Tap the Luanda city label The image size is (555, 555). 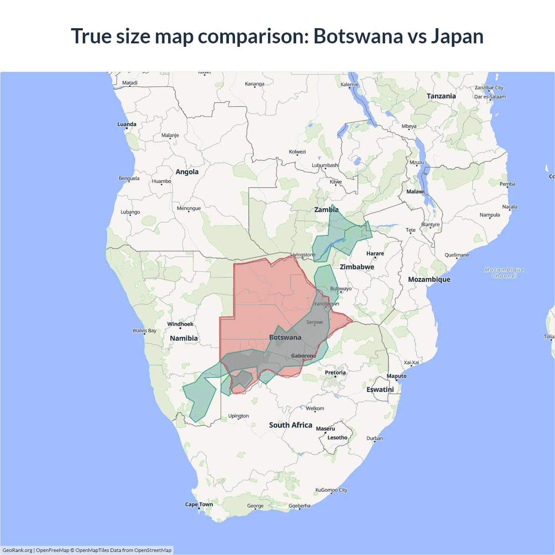tap(127, 124)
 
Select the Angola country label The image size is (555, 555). tap(187, 172)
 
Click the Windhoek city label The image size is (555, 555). tap(180, 324)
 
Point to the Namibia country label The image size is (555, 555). tap(184, 338)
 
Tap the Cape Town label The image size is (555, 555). tap(199, 504)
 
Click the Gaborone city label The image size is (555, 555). tap(304, 356)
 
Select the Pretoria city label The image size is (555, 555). tap(335, 372)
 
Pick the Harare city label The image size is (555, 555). tap(375, 254)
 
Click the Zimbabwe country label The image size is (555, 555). tap(357, 267)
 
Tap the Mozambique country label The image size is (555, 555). tap(429, 280)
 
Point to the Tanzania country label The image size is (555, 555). tap(441, 96)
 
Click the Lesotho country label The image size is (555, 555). tap(337, 437)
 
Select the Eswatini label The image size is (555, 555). tap(380, 390)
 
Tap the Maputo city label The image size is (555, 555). tap(397, 376)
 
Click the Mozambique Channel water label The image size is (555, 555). tap(504, 273)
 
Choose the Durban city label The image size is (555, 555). tap(375, 438)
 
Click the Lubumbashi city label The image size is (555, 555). tap(325, 165)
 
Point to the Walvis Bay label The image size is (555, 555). tap(144, 331)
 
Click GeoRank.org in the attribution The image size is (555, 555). tap(17, 550)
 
